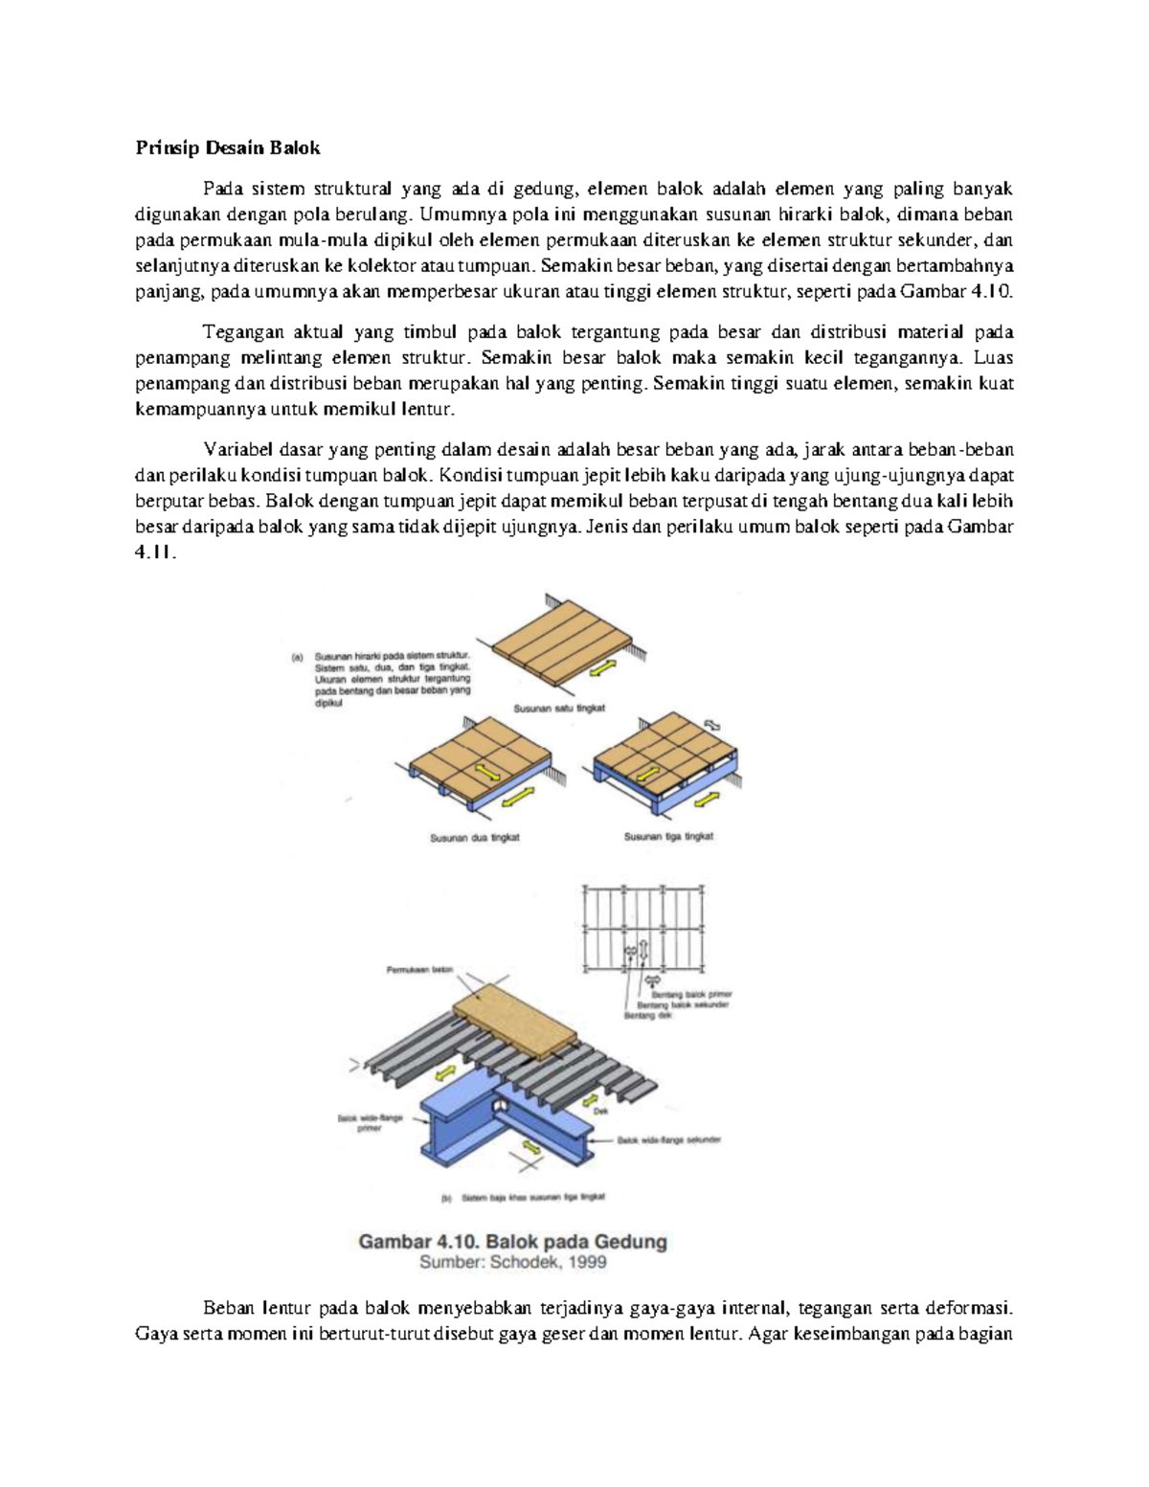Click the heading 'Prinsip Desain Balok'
[228, 148]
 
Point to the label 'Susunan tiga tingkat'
[668, 836]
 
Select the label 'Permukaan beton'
[418, 970]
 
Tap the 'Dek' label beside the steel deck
[601, 1112]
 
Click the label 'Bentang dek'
[648, 1015]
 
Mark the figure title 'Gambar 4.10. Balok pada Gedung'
[512, 1242]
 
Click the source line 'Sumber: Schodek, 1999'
[512, 1262]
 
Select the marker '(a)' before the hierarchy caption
[297, 658]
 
